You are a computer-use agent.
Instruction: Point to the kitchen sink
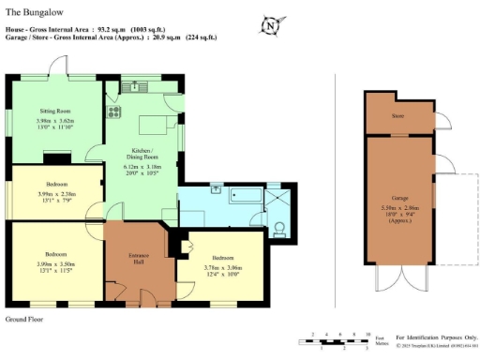(131, 88)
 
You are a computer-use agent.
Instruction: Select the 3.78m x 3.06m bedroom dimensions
(222, 268)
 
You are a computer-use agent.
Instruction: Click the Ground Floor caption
(25, 320)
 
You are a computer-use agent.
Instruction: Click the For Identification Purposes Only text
(436, 337)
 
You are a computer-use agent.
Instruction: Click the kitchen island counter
(157, 126)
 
